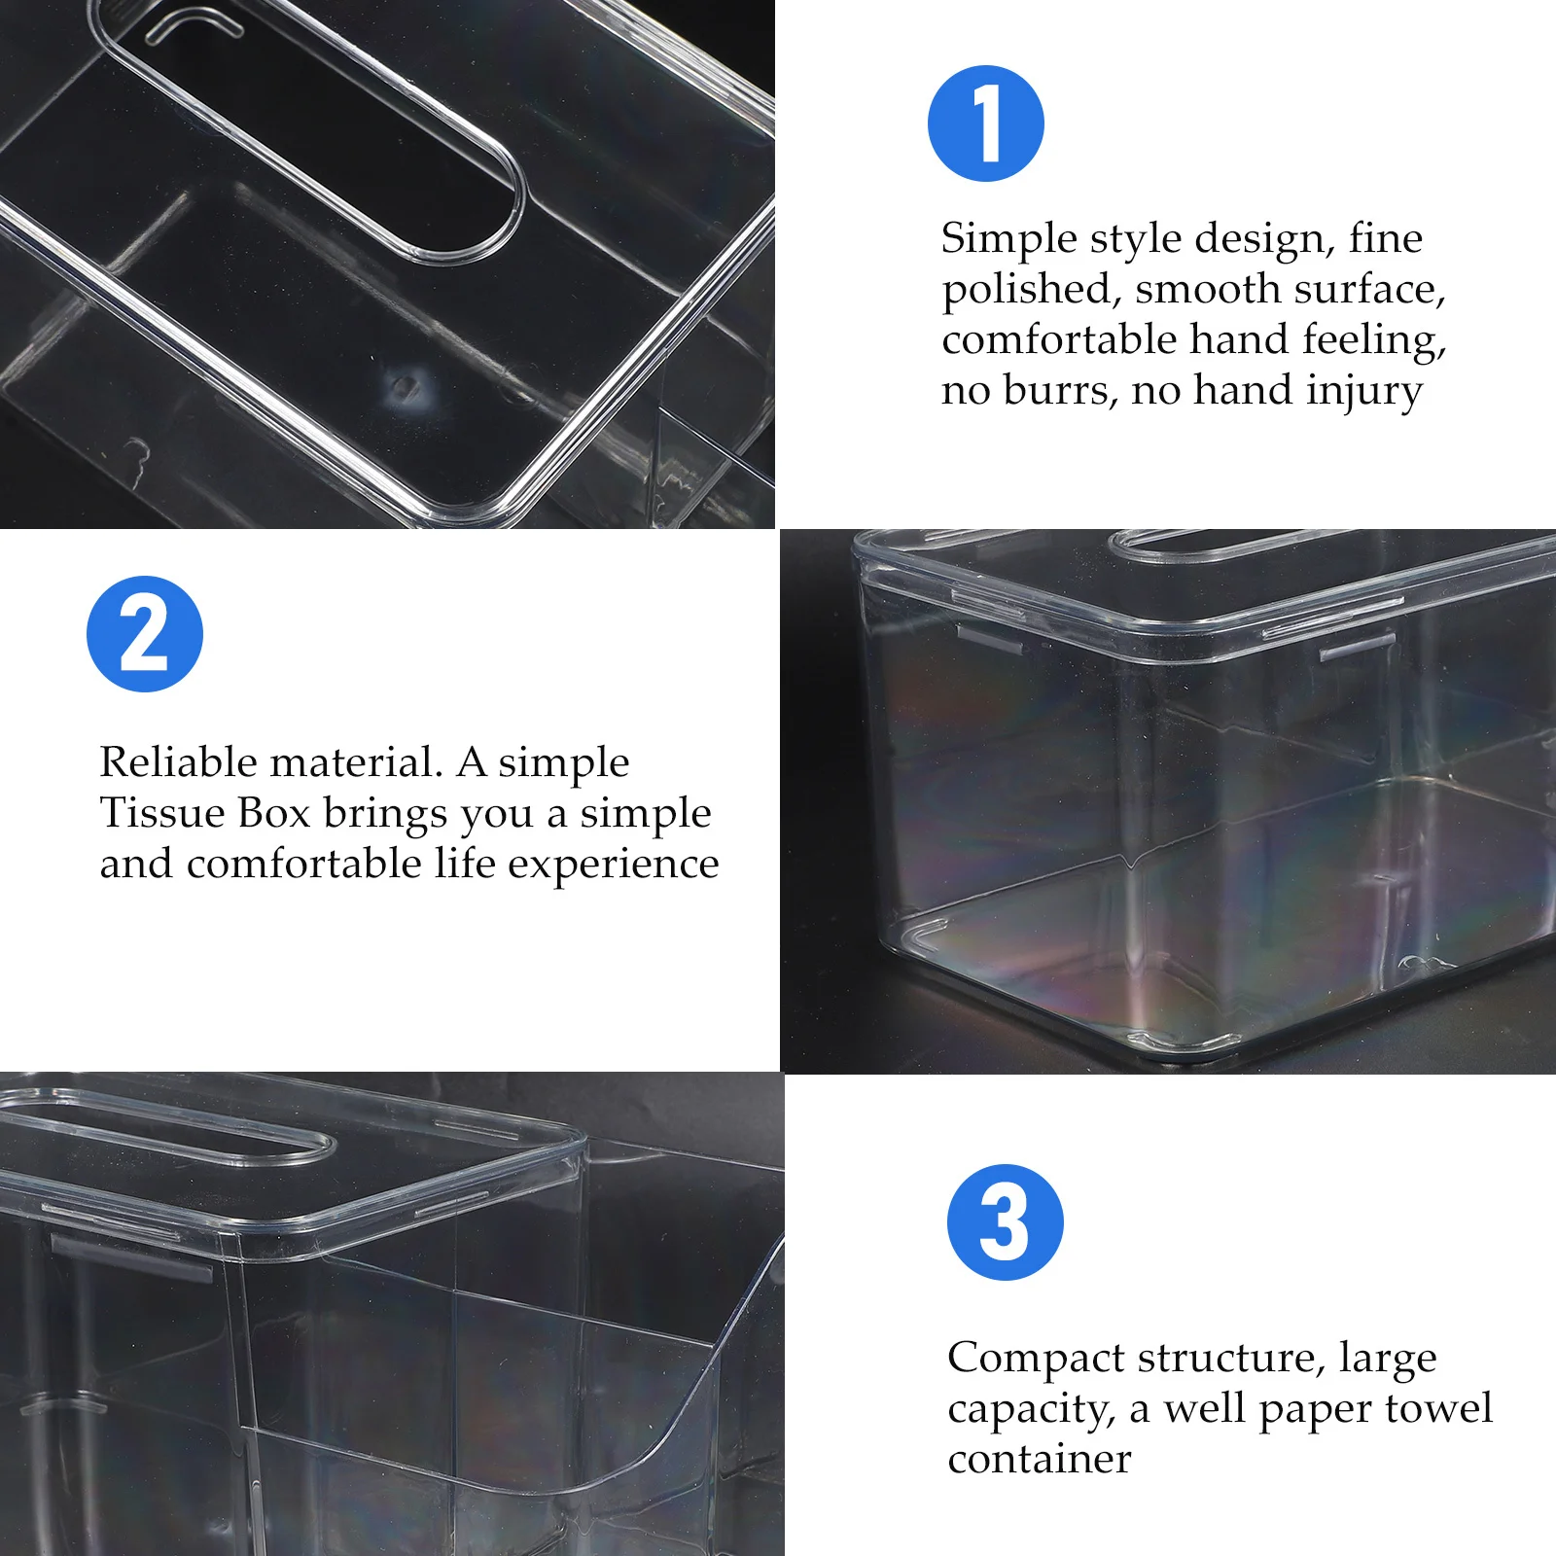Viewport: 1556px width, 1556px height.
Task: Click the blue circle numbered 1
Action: (985, 124)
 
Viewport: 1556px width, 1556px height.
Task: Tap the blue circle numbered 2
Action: (145, 634)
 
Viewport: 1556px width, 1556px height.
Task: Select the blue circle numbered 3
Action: (1005, 1222)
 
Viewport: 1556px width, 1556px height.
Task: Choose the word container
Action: (1039, 1459)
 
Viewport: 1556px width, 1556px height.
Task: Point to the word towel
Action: (1437, 1408)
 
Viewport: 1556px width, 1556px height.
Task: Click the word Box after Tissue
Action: (274, 813)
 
